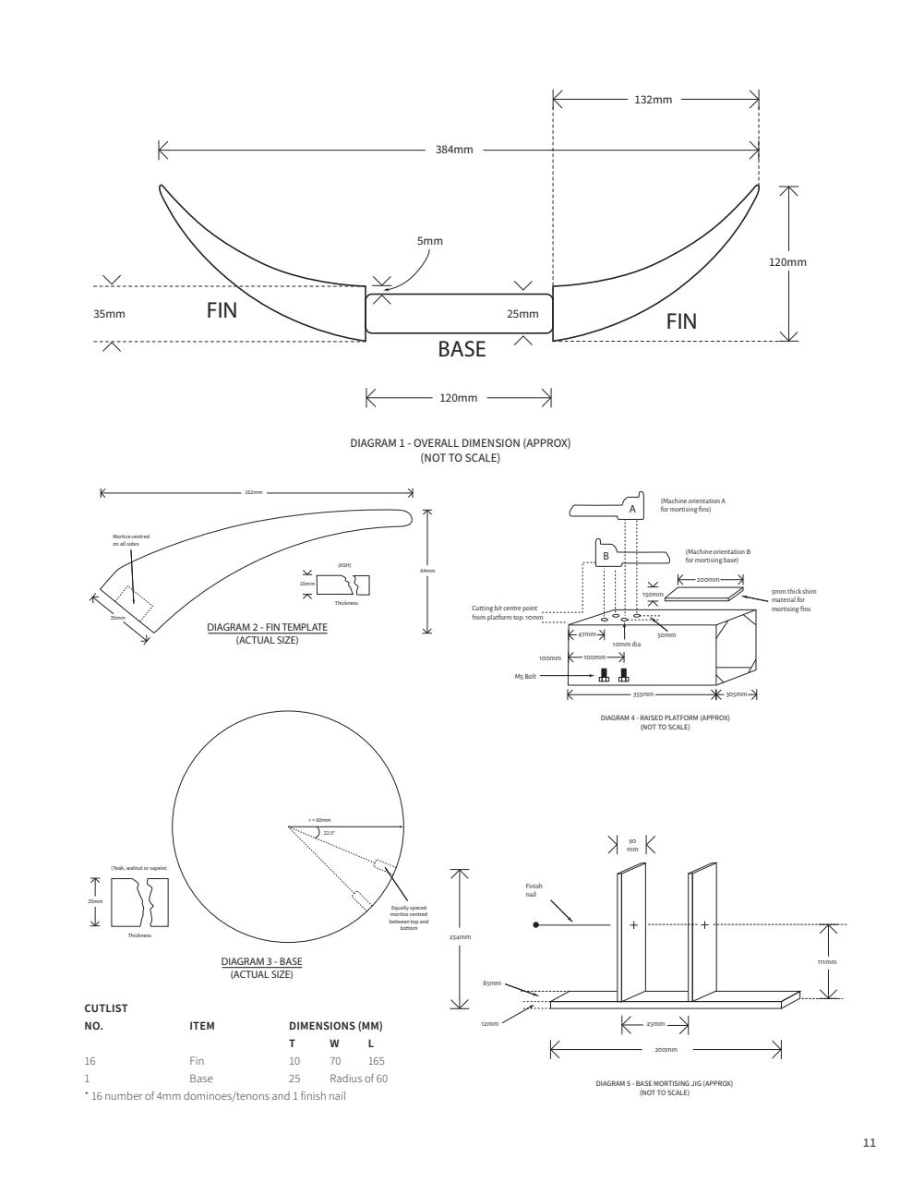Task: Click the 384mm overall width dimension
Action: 454,150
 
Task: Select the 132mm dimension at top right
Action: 654,100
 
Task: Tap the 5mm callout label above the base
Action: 430,241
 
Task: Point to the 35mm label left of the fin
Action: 109,314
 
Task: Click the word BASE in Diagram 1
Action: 462,350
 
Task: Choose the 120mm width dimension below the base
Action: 459,398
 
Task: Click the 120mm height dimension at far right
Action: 787,262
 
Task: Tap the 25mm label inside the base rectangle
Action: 522,314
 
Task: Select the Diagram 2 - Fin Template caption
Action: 267,628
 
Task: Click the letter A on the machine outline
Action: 632,509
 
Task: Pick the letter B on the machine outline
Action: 606,556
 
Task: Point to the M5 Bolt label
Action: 526,676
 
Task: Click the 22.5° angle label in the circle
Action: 329,832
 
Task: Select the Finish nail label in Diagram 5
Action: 534,890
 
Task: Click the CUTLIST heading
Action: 106,1007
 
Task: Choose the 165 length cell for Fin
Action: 376,1061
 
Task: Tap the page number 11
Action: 869,1143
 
